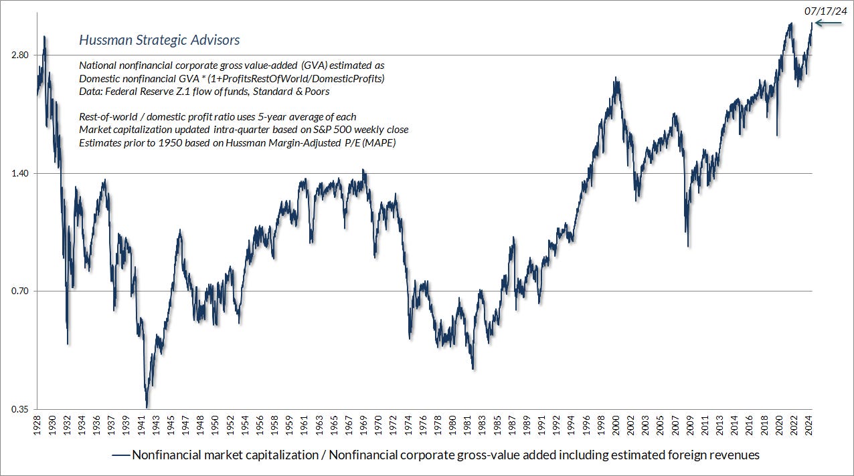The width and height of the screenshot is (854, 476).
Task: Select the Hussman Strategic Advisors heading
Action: (159, 40)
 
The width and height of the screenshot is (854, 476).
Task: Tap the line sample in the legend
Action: (120, 455)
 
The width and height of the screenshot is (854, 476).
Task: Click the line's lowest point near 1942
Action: (147, 407)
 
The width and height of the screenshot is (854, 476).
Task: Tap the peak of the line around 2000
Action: (615, 78)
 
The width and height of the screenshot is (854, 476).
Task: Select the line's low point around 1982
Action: (473, 368)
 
